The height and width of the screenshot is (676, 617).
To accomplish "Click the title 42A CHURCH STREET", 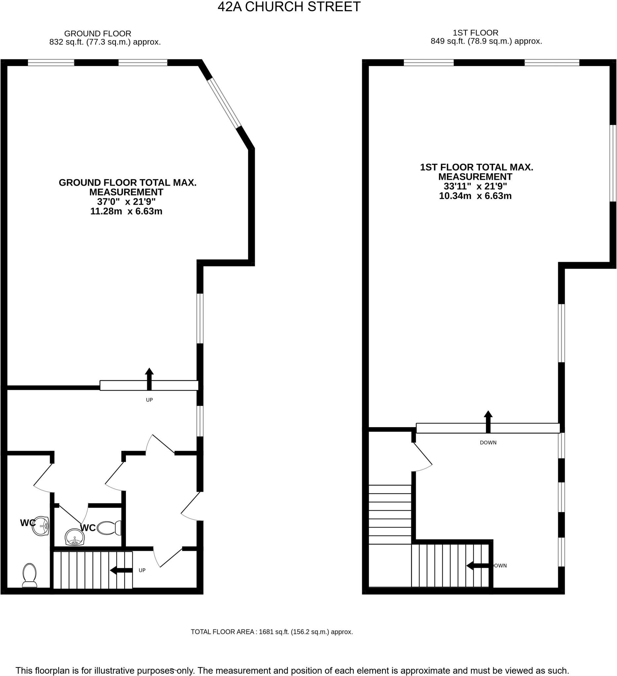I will (289, 7).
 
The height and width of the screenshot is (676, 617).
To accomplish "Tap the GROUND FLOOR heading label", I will (98, 34).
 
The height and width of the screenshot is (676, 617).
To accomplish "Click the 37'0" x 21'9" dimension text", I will (126, 202).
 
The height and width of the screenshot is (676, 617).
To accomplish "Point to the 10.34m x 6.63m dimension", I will (475, 196).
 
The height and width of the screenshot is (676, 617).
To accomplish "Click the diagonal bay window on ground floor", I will (224, 103).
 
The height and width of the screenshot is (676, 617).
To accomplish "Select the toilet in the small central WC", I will (109, 528).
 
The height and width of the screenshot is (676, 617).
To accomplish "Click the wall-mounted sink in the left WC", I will (41, 526).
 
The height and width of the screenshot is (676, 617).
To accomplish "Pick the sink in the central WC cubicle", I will (75, 537).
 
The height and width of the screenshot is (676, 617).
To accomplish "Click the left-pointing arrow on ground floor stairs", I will (121, 570).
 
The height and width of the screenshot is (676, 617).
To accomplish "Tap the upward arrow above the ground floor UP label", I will (149, 379).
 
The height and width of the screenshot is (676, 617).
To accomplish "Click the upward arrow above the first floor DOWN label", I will (488, 422).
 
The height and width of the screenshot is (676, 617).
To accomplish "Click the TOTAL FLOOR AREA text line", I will (272, 632).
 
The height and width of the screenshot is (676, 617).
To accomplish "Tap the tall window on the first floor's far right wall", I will (613, 163).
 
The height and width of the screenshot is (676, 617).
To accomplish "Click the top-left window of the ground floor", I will (51, 63).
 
